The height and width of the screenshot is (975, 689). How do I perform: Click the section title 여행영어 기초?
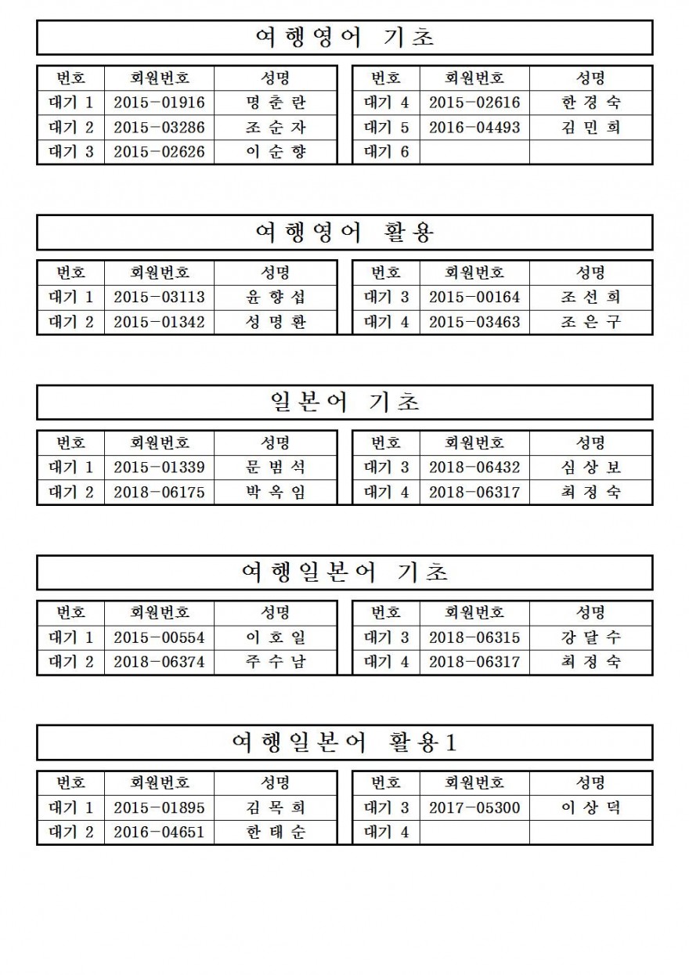point(344,38)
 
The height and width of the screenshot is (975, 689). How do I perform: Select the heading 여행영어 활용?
point(344,233)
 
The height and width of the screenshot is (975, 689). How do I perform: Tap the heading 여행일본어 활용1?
point(344,742)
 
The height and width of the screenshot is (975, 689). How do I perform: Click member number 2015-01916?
point(159,103)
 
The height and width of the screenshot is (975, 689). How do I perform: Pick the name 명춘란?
point(276,103)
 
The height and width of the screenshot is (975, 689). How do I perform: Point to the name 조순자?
point(276,128)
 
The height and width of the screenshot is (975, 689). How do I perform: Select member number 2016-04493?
point(474,128)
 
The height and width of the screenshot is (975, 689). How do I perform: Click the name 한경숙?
point(591,103)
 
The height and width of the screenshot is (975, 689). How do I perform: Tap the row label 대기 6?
point(386,152)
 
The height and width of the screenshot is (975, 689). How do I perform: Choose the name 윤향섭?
point(276,298)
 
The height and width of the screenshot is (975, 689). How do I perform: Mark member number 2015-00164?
point(474,298)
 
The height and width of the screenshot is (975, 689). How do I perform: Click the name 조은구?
point(591,322)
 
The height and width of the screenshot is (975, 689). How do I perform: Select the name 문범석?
point(276,468)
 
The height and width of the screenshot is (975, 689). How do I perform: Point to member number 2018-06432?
point(474,468)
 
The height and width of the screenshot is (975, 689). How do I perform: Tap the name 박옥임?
point(276,493)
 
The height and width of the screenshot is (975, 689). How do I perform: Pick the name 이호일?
point(276,637)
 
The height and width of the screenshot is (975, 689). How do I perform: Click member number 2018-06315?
point(474,637)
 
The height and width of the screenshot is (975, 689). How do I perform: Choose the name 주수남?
point(276,663)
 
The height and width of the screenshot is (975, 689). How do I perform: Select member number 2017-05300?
point(474,807)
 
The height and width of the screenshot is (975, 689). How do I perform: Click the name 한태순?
point(276,832)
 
